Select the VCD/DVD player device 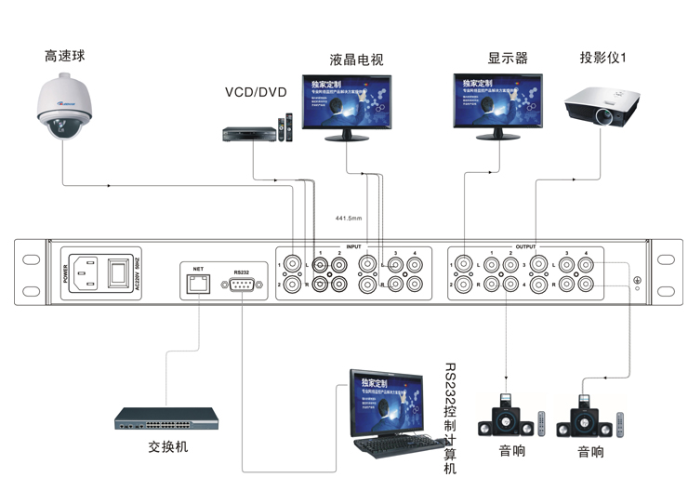click(250, 135)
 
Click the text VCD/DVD click(256, 92)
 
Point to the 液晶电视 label click(356, 60)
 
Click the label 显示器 click(508, 58)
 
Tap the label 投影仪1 click(603, 58)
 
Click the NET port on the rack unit click(198, 284)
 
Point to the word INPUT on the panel click(353, 248)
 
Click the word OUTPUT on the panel click(526, 248)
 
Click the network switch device click(166, 419)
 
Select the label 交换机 click(167, 446)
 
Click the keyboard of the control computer click(391, 448)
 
